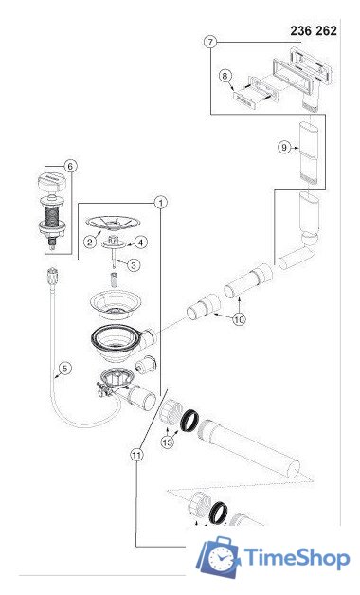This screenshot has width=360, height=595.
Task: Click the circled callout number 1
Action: (x=161, y=203)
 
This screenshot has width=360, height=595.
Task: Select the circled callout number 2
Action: (x=90, y=242)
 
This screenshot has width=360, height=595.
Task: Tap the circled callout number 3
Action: (x=134, y=265)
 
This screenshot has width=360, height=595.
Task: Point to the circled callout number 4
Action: (x=141, y=243)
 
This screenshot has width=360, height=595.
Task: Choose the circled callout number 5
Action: (x=65, y=368)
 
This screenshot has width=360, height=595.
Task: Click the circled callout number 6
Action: (x=70, y=166)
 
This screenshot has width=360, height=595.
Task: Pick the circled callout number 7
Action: (x=210, y=42)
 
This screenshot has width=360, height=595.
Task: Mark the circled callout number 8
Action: (x=225, y=76)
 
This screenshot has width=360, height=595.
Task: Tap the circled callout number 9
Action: (x=284, y=147)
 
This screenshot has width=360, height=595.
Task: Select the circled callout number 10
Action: (x=239, y=319)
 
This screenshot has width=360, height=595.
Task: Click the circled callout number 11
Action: (x=137, y=455)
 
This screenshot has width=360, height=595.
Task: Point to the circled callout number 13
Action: (x=168, y=442)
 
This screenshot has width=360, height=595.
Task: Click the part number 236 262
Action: (x=314, y=30)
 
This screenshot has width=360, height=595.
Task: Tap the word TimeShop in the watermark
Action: (x=297, y=558)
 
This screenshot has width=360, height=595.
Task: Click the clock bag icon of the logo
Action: (x=220, y=557)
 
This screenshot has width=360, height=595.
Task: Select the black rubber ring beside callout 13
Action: (x=189, y=421)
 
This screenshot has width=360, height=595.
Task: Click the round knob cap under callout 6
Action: (x=52, y=183)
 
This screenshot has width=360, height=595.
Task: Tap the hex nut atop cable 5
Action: (x=53, y=276)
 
